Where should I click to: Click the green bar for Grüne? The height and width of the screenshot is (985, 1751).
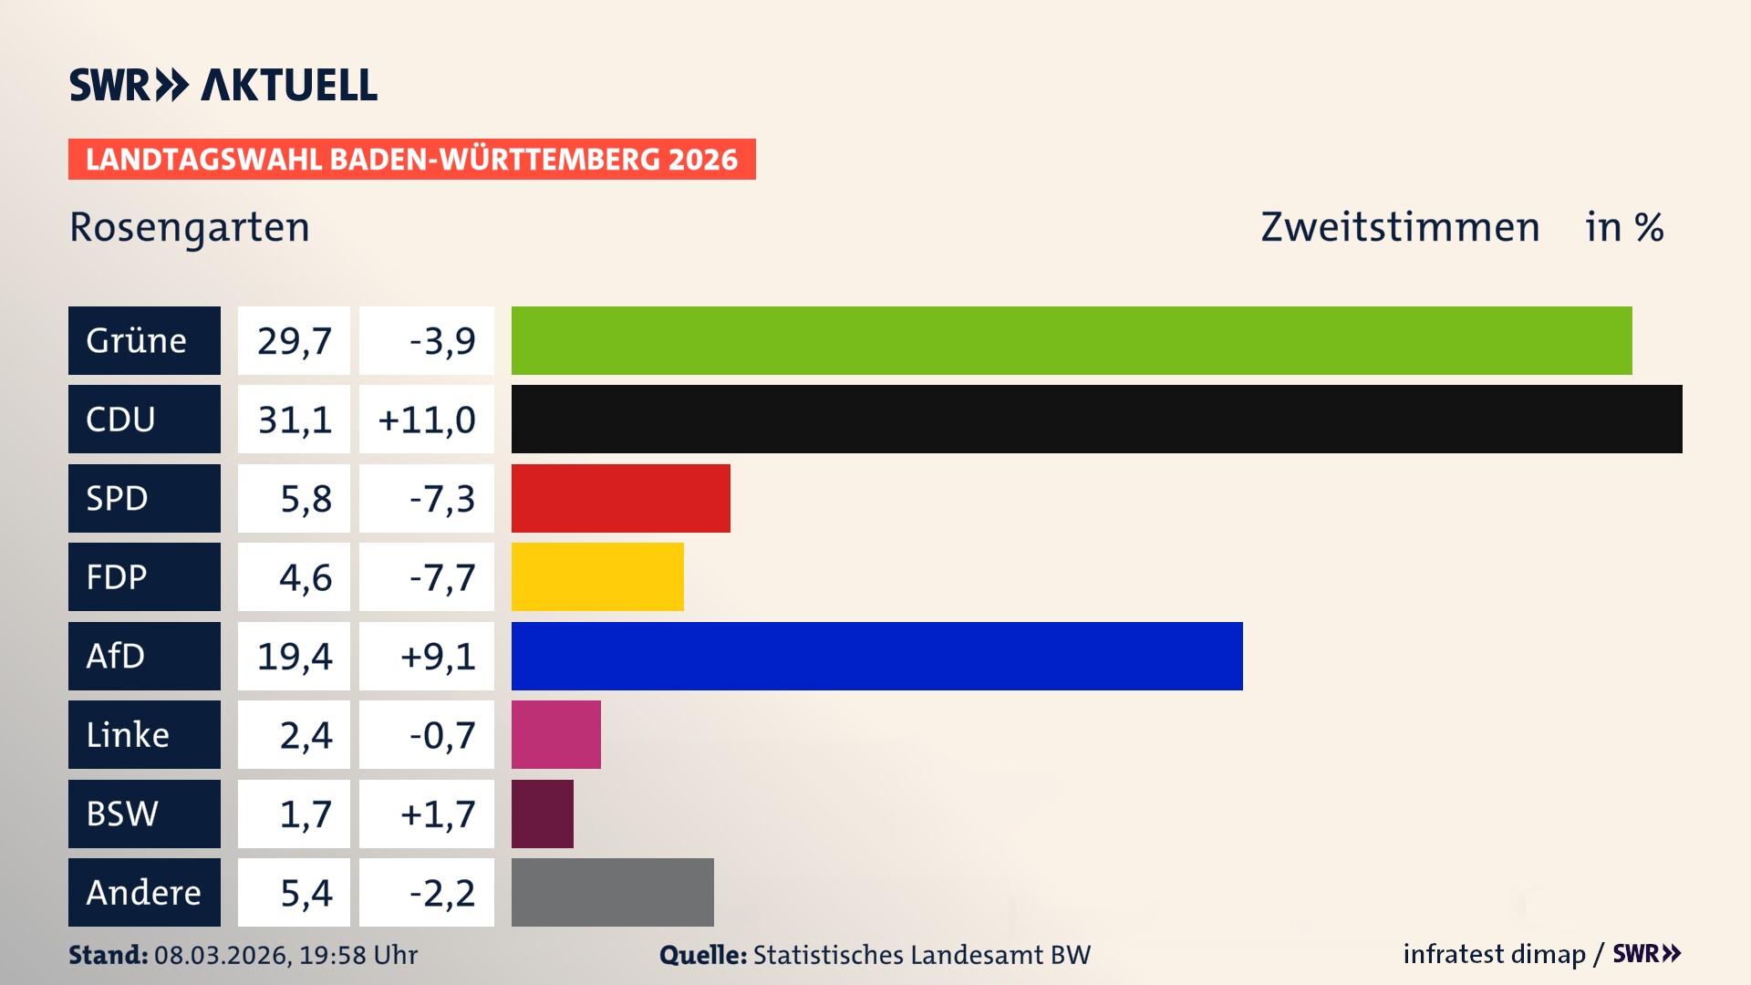coord(1072,340)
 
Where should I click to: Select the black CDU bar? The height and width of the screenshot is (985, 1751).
coord(1096,419)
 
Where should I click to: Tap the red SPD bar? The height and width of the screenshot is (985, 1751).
coord(620,498)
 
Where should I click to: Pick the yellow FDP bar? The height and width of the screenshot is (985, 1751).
coord(597,576)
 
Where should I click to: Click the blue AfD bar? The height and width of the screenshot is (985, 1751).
coord(876,656)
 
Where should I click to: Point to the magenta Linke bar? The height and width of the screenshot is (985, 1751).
coord(555,734)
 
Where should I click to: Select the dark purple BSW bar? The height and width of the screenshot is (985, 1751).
coord(542,814)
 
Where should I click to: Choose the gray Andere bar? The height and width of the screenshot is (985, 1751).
coord(612,892)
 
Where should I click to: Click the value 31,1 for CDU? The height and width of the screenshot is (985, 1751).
coord(294,420)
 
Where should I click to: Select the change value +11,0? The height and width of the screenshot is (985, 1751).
coord(426,420)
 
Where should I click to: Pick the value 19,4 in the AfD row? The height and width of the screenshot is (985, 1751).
coord(294,656)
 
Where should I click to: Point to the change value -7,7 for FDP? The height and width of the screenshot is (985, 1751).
coord(441,577)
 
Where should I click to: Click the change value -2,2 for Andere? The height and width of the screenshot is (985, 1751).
coord(441,893)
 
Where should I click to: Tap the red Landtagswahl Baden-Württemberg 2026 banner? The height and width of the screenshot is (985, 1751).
coord(411,159)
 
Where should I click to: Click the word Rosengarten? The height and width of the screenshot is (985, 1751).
coord(190,227)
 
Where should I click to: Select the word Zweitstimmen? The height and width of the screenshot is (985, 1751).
coord(1400,227)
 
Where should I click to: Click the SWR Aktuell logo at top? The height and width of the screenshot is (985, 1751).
coord(223,85)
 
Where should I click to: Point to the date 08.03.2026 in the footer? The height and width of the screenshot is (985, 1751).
coord(222,955)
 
